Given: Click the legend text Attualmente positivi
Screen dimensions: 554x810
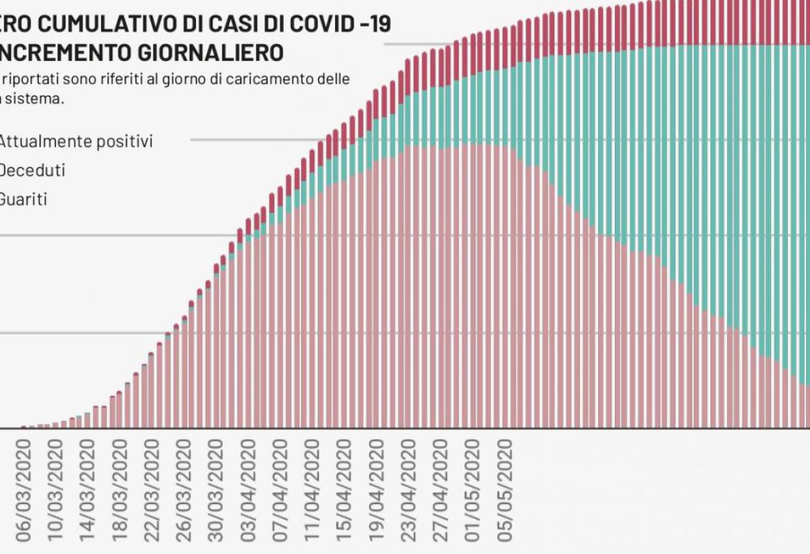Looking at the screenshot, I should pyautogui.click(x=75, y=141).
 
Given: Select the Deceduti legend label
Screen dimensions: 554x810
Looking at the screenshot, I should pyautogui.click(x=32, y=170).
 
